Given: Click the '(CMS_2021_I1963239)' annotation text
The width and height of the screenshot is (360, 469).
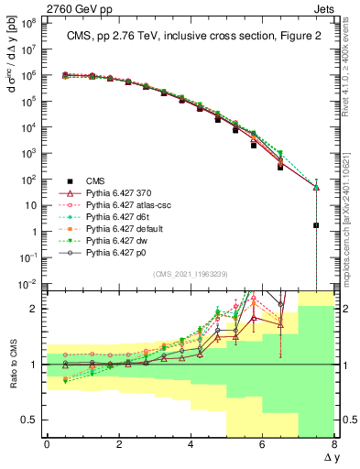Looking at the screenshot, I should (x=191, y=274).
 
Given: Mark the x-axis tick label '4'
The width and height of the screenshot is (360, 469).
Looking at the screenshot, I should (x=191, y=445).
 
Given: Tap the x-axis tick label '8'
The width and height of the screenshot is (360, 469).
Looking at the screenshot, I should (x=334, y=445).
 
